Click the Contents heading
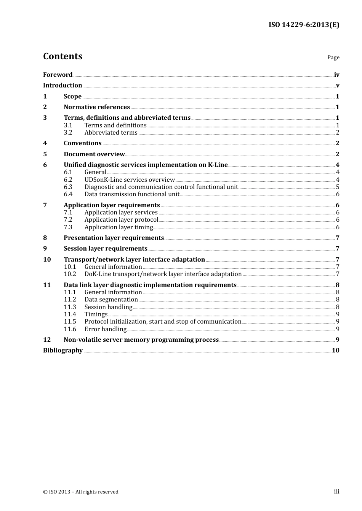(x=62, y=56)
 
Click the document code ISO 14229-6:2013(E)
(x=304, y=25)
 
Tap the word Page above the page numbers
(x=333, y=57)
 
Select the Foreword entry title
(x=58, y=75)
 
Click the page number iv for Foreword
(x=336, y=75)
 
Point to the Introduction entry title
(x=62, y=85)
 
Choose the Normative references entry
(x=97, y=107)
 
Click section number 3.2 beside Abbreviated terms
(x=68, y=132)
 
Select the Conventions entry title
(x=83, y=143)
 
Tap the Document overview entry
(x=94, y=154)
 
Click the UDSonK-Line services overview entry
(x=130, y=179)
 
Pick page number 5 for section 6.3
(x=338, y=187)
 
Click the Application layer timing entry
(x=119, y=227)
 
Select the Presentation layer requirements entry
(x=114, y=238)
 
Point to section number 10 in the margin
(x=47, y=259)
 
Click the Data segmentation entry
(x=111, y=299)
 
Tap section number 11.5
(x=70, y=321)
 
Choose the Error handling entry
(x=106, y=329)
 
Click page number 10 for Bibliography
(x=335, y=350)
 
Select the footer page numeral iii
(x=336, y=491)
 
